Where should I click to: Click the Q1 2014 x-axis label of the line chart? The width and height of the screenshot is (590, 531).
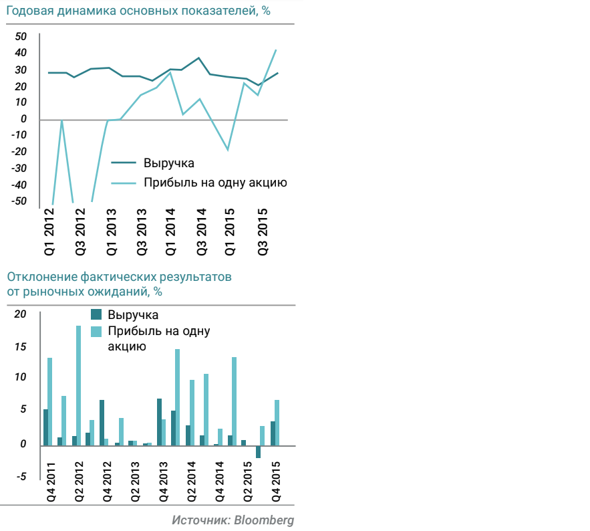tap(171, 231)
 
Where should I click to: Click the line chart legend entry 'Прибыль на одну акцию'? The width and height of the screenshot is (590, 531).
tap(215, 183)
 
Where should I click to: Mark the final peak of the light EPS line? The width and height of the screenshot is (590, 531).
tap(276, 50)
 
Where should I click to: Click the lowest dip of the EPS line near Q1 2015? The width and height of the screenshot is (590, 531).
tap(228, 150)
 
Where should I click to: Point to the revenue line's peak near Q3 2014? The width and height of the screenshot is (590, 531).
tap(198, 58)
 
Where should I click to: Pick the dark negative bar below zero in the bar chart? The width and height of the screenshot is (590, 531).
tap(258, 451)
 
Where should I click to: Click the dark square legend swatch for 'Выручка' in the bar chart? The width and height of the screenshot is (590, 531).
tap(96, 314)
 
